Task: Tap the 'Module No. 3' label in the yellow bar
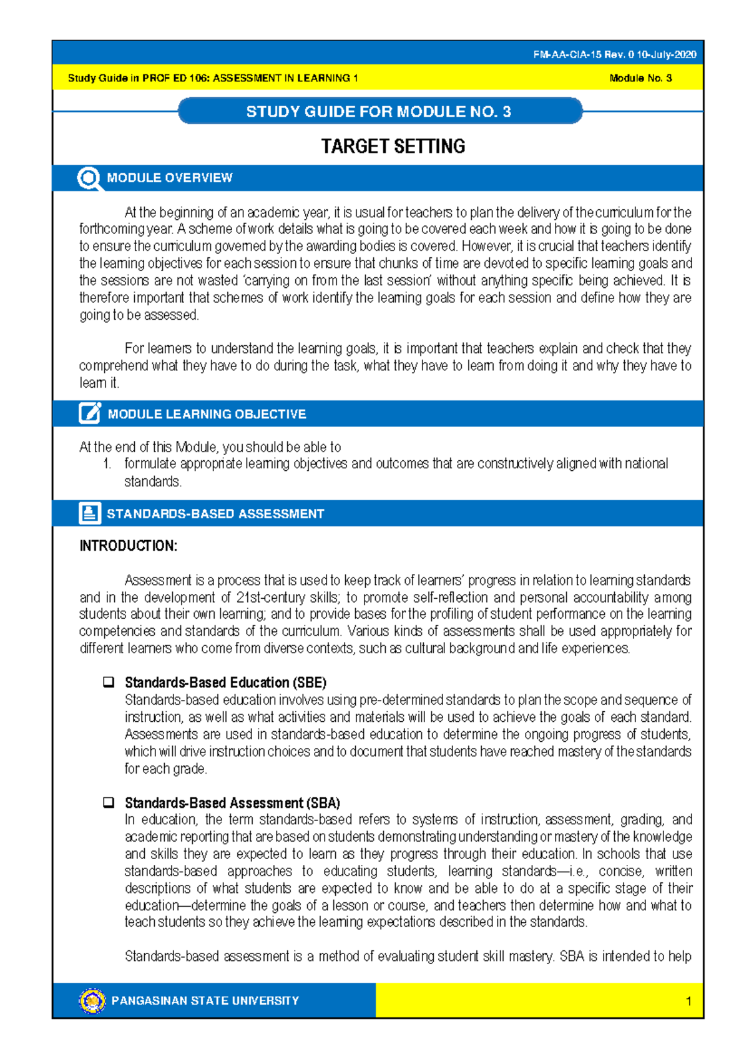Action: (x=640, y=79)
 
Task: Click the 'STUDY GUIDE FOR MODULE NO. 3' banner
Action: (x=379, y=112)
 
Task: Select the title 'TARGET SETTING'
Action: (x=393, y=147)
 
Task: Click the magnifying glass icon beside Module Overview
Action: (x=89, y=179)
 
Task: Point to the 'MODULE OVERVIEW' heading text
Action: (x=169, y=178)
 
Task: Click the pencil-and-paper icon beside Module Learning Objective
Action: (x=89, y=413)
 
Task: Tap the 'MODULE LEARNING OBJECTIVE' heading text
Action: (x=207, y=415)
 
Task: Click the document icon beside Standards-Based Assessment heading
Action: (x=89, y=513)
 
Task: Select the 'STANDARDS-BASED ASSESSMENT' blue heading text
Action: (x=215, y=514)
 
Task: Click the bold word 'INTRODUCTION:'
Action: (x=128, y=546)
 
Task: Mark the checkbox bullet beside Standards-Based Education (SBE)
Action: (x=109, y=682)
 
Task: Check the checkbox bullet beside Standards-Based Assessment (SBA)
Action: (x=109, y=802)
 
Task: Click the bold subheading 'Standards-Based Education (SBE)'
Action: (x=225, y=682)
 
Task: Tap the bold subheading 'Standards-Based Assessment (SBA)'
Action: (x=232, y=803)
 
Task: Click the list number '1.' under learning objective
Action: (x=107, y=464)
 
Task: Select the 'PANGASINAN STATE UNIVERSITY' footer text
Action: (x=205, y=1001)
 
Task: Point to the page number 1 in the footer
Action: (x=688, y=1002)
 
